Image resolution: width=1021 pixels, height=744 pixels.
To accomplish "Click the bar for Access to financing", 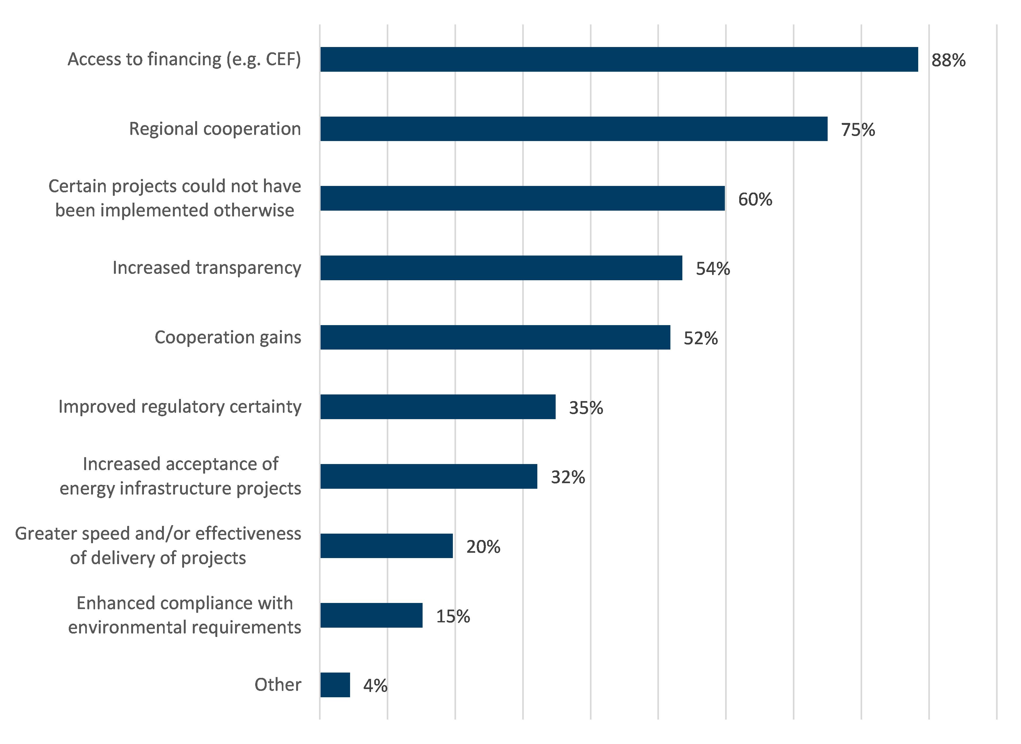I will [619, 59].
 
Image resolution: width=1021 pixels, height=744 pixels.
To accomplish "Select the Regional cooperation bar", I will [574, 129].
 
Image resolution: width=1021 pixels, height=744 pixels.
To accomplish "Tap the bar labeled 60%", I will [522, 198].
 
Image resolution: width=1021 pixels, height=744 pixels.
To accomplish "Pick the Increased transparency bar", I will [501, 268].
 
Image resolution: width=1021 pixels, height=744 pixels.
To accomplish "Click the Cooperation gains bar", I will [495, 337].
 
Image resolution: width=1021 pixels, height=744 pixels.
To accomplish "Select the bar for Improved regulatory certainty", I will [438, 407].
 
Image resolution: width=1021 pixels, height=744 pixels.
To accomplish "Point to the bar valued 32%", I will [428, 477].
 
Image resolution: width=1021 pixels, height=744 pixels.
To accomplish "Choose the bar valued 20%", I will [386, 546].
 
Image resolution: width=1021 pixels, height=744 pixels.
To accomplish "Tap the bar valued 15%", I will [371, 615].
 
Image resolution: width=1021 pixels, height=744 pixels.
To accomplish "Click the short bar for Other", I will [335, 685].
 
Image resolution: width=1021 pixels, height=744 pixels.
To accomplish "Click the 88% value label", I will [948, 60].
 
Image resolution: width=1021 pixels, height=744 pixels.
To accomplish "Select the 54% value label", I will [712, 269].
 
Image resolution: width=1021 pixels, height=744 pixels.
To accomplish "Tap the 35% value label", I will [585, 408].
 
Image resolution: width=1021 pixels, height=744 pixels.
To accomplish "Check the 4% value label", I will [375, 686].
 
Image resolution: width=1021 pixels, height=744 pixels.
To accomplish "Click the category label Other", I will [278, 685].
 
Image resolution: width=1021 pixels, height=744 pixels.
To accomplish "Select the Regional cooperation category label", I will [215, 129].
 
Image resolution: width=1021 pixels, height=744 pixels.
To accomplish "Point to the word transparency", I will [248, 268].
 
